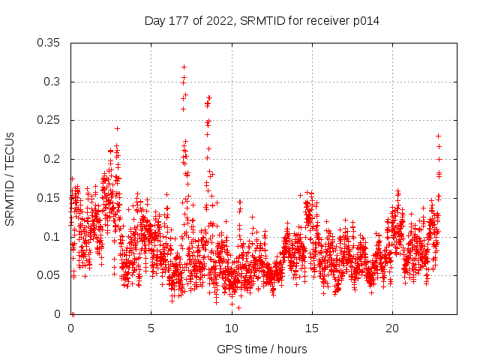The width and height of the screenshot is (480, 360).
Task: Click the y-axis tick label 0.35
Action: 50,43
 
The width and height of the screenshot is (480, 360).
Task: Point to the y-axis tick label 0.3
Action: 53,82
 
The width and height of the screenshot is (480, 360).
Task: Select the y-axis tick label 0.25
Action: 50,120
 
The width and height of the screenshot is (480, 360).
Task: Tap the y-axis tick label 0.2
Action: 53,159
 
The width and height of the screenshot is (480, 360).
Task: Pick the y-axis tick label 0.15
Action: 50,198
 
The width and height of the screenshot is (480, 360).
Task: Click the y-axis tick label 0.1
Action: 53,237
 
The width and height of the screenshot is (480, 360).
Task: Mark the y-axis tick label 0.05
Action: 50,275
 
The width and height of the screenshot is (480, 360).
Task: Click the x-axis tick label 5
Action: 151,329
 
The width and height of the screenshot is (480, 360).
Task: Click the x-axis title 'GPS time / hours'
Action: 262,349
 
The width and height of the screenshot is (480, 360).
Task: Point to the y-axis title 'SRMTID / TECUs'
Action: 10,178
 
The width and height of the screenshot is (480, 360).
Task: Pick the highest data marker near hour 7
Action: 184,67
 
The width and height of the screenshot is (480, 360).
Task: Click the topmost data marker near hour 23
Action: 439,136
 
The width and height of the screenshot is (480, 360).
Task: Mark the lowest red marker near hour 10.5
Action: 238,307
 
